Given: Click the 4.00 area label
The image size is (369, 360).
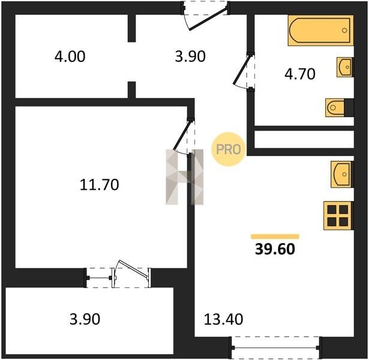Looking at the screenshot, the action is (x=70, y=57).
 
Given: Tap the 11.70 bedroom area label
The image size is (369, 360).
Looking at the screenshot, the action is (x=100, y=185).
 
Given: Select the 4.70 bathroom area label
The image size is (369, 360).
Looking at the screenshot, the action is (x=300, y=74).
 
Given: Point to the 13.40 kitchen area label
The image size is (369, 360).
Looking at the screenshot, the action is (x=223, y=319).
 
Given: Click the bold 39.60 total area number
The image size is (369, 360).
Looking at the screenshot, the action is (x=275, y=249).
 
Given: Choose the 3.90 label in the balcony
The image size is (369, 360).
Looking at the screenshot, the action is (x=85, y=319).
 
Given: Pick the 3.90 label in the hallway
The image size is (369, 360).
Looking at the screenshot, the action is (x=190, y=57).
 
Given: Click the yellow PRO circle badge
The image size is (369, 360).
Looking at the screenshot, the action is (x=228, y=149).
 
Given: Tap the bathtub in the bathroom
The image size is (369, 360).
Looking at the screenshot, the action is (x=321, y=31).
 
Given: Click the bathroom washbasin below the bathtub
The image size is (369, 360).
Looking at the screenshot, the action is (x=345, y=67).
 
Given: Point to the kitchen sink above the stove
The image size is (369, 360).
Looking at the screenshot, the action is (x=342, y=175).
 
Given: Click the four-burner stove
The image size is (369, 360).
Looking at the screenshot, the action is (x=338, y=215).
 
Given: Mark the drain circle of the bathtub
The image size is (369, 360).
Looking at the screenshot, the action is (x=344, y=31).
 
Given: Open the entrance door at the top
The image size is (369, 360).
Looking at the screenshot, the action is (x=209, y=19).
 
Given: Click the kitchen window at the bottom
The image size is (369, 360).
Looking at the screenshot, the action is (x=275, y=347).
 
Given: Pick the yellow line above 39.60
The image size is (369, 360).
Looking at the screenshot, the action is (x=275, y=236).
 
